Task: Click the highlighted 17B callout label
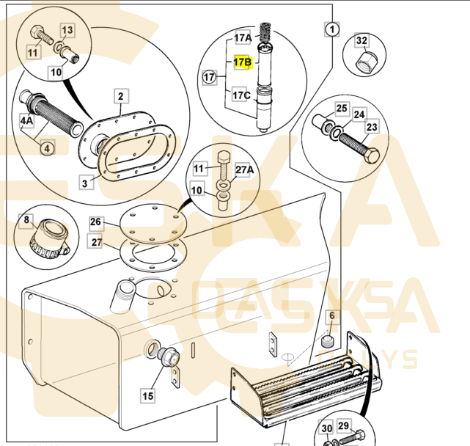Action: (243, 62)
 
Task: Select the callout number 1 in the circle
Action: (331, 29)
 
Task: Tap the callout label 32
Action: (361, 40)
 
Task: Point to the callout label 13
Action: (67, 30)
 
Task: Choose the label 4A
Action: (26, 120)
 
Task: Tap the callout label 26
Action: (96, 222)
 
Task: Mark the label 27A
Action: (244, 169)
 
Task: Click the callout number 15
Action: (148, 395)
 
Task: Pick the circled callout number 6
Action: (331, 315)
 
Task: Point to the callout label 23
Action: (372, 127)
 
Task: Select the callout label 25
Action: (342, 109)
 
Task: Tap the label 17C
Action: (241, 95)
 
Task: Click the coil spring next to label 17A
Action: (266, 33)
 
